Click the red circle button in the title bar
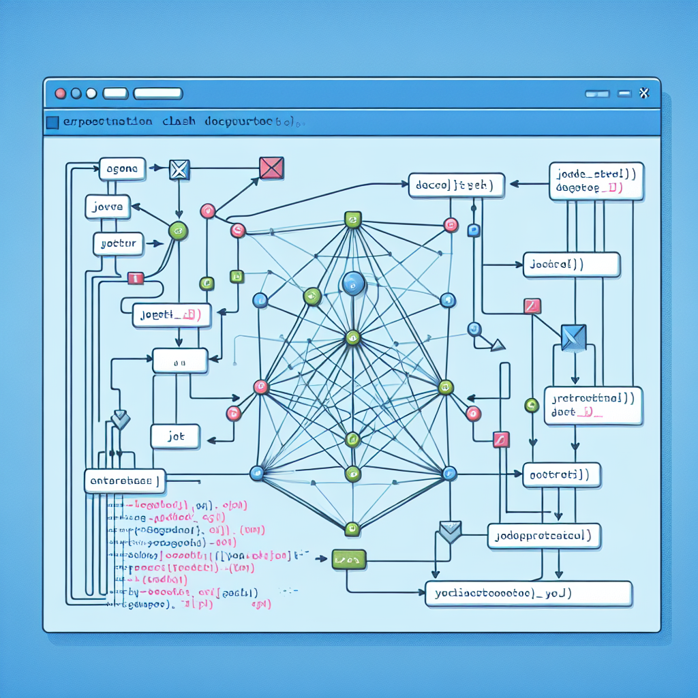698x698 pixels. click(60, 93)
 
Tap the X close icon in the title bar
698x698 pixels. click(643, 93)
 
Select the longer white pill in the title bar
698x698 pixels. click(158, 93)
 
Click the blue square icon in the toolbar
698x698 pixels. click(52, 123)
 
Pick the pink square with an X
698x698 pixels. click(271, 168)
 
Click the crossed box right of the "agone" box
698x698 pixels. click(179, 168)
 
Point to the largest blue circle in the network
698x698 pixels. click(353, 283)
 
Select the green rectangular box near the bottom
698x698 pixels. click(349, 560)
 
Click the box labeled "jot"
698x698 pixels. click(175, 437)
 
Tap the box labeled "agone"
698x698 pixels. click(123, 168)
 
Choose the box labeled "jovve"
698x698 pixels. click(108, 206)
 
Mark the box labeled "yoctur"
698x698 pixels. click(118, 243)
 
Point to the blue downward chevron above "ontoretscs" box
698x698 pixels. click(120, 420)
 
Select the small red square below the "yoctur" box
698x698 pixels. click(135, 278)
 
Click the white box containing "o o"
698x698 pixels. click(180, 361)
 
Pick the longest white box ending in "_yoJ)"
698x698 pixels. click(528, 594)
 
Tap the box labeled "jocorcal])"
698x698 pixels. click(571, 264)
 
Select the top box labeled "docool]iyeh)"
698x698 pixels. click(456, 185)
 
